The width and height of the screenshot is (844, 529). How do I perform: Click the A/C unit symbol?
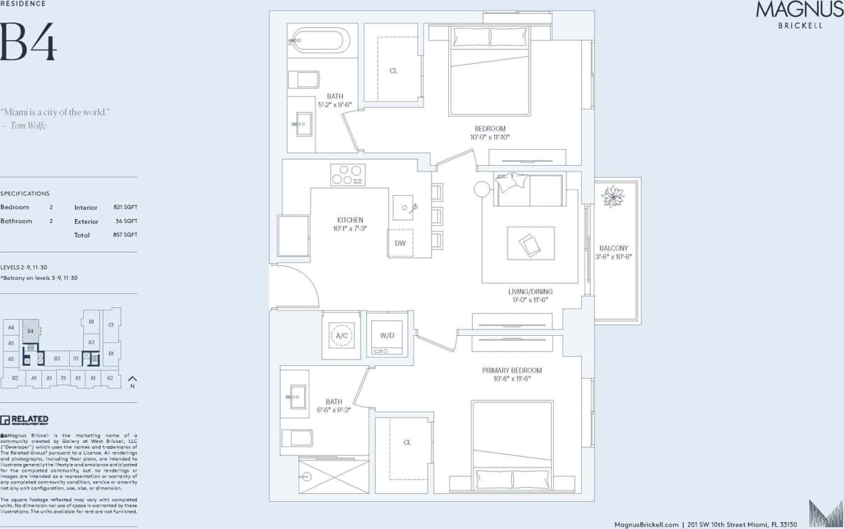[342, 336]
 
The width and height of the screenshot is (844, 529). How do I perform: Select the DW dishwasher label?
[400, 244]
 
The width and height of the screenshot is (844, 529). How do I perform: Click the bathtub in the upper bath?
[320, 40]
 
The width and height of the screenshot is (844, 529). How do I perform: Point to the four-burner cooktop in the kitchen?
[348, 174]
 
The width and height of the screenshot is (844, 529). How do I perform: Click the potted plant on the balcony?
[613, 197]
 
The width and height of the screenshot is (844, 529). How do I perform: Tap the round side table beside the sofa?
[482, 189]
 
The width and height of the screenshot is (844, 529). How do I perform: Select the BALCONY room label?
[613, 248]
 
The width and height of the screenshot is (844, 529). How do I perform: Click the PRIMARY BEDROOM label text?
[512, 370]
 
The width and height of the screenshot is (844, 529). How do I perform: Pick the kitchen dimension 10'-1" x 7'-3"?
[350, 228]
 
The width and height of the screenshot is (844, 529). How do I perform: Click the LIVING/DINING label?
[530, 291]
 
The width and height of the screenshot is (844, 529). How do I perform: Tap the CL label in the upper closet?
[393, 71]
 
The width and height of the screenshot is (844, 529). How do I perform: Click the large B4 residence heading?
[28, 42]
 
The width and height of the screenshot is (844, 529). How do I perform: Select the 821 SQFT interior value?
[125, 208]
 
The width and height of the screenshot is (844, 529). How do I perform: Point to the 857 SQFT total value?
[125, 235]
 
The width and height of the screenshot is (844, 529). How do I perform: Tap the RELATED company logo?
[24, 420]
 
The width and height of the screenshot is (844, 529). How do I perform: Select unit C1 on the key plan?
[110, 325]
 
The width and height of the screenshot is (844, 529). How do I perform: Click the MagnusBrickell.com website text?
[646, 523]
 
